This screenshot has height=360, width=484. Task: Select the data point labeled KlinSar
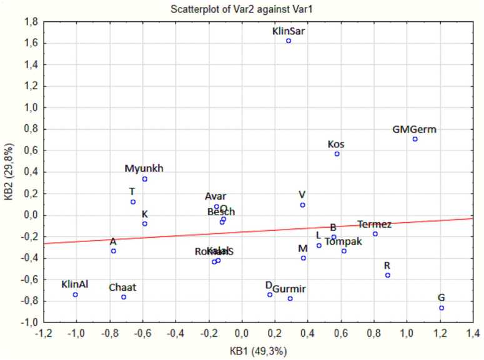(289, 41)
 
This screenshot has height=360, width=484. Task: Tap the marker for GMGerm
(415, 139)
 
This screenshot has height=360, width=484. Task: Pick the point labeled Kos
(337, 153)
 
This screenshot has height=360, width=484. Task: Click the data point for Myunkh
(144, 179)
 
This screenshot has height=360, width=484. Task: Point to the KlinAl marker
(76, 294)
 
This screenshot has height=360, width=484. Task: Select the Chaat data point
(124, 297)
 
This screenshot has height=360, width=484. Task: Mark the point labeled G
(442, 308)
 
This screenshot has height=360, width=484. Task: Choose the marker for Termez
(375, 234)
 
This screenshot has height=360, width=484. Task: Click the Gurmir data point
(290, 299)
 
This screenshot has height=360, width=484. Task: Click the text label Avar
(215, 197)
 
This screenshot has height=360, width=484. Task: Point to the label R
(387, 265)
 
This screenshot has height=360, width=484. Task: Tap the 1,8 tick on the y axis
(30, 22)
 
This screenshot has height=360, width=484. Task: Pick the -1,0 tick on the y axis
(29, 323)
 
